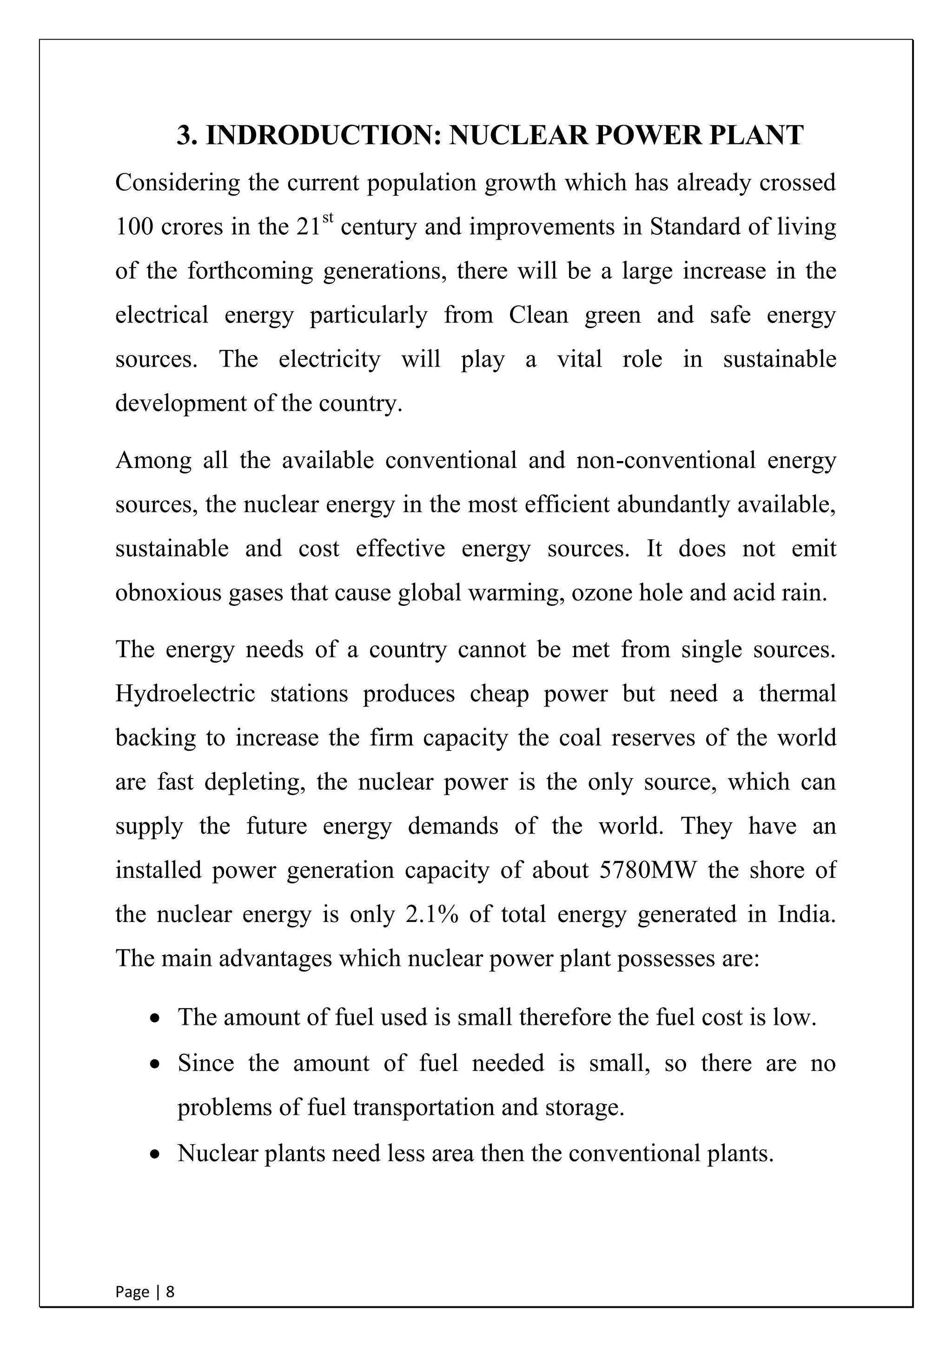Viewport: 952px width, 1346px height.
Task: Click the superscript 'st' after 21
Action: (328, 218)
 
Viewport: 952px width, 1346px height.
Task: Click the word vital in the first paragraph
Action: (579, 359)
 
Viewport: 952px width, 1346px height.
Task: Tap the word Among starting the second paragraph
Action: (153, 460)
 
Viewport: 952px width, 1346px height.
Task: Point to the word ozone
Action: (602, 593)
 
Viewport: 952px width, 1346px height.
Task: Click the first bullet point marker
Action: (155, 1019)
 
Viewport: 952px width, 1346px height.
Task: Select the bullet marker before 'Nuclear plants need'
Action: (155, 1155)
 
